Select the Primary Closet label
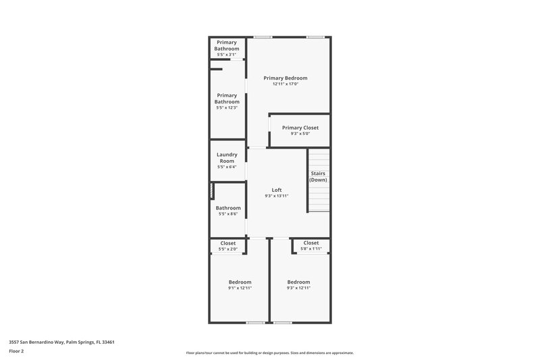tap(300, 128)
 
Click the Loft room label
tap(277, 190)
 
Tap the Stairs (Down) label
tap(319, 177)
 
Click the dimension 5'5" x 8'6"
tap(228, 214)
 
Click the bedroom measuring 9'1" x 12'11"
tap(240, 282)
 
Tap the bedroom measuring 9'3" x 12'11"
tap(298, 282)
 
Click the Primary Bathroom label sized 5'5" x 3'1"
tap(227, 45)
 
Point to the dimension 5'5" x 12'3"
tap(227, 107)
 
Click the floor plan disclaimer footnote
tap(269, 353)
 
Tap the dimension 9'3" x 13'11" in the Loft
tap(277, 196)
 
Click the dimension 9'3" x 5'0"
tap(300, 134)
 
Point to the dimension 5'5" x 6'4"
tap(227, 167)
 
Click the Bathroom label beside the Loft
tap(228, 208)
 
